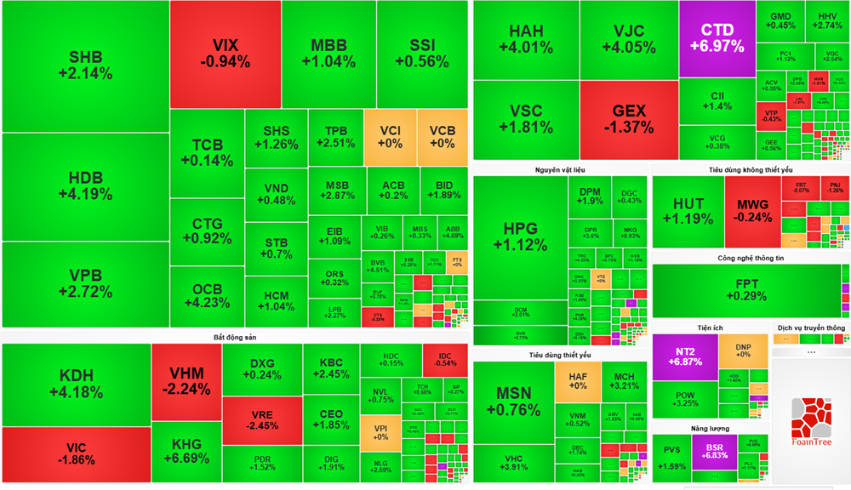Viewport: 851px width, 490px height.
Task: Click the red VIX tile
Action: [226, 54]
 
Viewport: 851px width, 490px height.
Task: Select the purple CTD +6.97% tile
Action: [717, 38]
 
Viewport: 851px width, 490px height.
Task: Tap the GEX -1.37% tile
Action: [629, 119]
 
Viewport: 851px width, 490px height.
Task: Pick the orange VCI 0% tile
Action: [390, 136]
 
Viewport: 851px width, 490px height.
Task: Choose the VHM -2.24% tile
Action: [186, 381]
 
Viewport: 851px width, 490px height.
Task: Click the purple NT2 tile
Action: [685, 356]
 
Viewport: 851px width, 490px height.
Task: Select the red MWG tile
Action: [752, 211]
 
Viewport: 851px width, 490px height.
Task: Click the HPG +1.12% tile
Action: [520, 236]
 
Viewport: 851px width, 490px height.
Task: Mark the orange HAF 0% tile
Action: [578, 379]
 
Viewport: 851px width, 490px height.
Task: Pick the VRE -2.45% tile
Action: [261, 419]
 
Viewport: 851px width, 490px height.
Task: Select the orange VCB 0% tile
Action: [443, 136]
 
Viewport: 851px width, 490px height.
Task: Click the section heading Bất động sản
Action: [234, 338]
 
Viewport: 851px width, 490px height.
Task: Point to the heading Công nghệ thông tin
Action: [751, 258]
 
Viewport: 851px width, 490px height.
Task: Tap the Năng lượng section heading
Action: [711, 428]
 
